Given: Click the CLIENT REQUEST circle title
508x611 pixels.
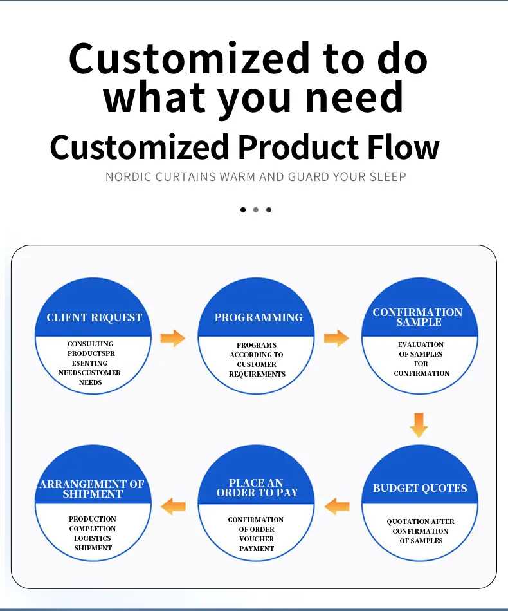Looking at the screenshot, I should pos(94,317).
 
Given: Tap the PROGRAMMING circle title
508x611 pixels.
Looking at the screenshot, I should pos(259,317).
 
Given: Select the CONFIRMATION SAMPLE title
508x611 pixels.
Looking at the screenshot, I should pos(418,317).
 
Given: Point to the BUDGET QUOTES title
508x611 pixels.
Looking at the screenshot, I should pos(420,488).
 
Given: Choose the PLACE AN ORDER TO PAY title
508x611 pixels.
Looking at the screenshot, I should pos(257,487).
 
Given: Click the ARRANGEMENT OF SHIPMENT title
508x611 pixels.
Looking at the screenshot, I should pos(92,489).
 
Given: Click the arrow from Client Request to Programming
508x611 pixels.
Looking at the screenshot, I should pos(172,337).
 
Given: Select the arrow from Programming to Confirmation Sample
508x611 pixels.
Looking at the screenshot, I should pos(336,337).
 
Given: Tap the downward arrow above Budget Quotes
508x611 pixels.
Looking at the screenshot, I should pos(419,425).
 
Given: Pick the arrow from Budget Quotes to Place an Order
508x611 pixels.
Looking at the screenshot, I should pos(337,507).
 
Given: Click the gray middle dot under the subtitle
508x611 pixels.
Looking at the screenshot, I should pos(255,209).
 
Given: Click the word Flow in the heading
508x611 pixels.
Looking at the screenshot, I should pos(403,147).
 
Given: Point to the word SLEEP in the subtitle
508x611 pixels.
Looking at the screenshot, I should pos(387,176).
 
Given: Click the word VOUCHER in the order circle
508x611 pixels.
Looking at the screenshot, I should pos(257,539).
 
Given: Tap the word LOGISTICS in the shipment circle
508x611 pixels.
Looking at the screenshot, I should pos(93,538).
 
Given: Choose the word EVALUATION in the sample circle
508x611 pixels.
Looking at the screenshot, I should pos(421,344).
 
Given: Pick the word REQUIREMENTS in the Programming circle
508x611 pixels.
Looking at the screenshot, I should pos(257,374).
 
